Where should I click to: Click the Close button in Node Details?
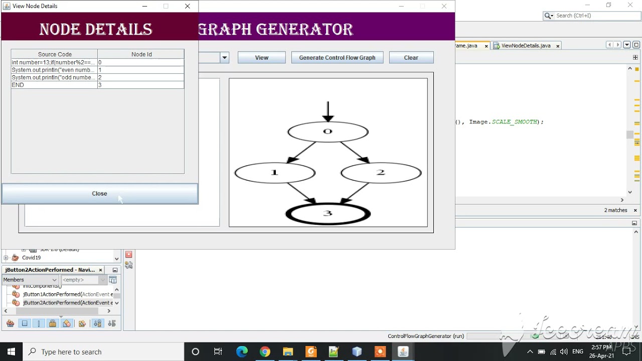click(99, 194)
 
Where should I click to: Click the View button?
click(261, 58)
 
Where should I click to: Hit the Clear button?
click(411, 58)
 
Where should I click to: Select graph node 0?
click(328, 132)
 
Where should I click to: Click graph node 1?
click(274, 173)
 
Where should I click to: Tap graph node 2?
click(381, 173)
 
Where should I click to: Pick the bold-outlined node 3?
click(328, 214)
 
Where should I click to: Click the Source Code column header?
click(55, 54)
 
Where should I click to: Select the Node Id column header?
click(141, 54)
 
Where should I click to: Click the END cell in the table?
click(54, 85)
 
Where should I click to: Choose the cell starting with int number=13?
click(54, 62)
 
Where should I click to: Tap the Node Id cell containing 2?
click(141, 77)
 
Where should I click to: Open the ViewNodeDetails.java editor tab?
click(525, 46)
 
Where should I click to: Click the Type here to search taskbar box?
click(100, 352)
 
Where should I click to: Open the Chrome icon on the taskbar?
click(265, 352)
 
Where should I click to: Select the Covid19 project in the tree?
click(31, 258)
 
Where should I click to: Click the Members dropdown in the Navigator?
click(30, 280)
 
